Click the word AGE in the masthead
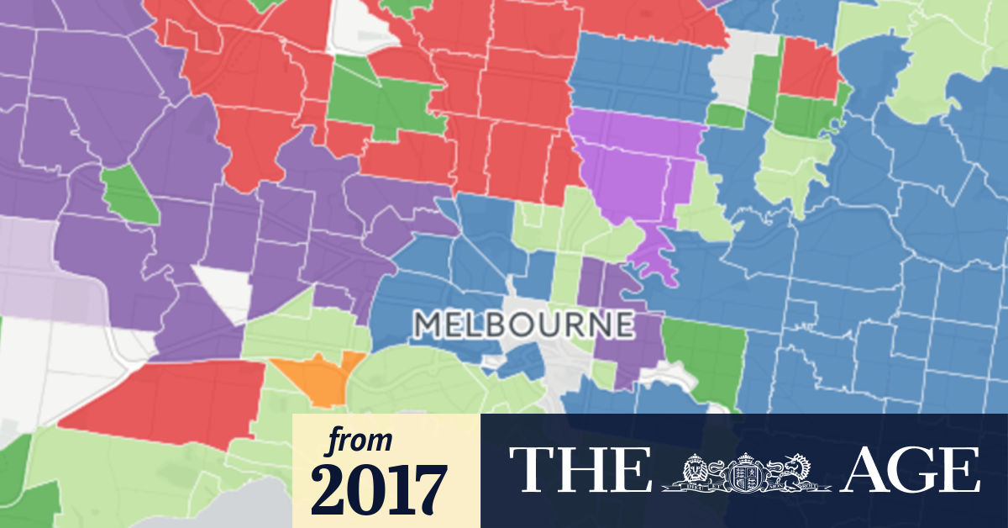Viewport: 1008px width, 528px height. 911,469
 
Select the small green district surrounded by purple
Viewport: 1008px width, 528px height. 129,193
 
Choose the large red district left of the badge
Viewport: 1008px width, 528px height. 168,399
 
